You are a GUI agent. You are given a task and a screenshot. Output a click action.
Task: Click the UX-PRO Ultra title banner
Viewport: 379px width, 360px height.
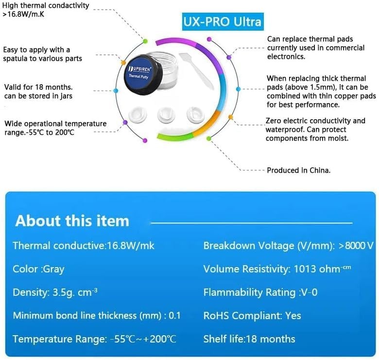[x=222, y=22]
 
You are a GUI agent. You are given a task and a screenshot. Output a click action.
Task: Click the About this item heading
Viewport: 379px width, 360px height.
[x=72, y=221]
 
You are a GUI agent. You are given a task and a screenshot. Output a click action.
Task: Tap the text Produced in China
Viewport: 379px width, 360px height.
[x=299, y=170]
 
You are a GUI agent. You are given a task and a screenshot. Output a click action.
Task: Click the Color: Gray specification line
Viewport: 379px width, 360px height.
[x=38, y=269]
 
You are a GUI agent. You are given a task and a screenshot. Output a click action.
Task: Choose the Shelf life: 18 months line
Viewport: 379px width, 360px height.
[x=249, y=339]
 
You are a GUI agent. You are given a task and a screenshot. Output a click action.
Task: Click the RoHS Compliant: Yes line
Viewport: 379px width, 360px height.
[x=252, y=316]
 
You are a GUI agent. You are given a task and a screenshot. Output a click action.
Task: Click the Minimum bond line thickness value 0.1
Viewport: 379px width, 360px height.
[x=174, y=316]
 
